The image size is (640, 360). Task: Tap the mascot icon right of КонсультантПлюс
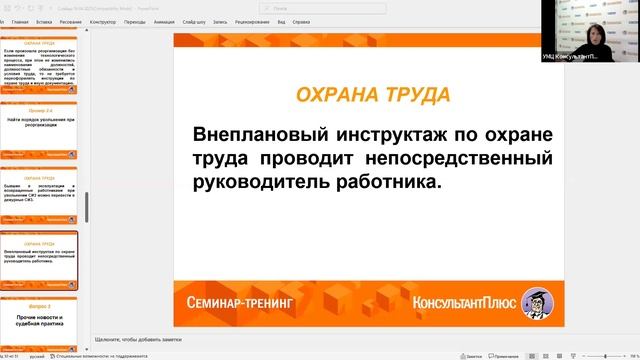tap(541, 298)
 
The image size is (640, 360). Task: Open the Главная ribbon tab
tap(20, 20)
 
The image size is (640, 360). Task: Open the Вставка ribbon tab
tap(44, 20)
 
